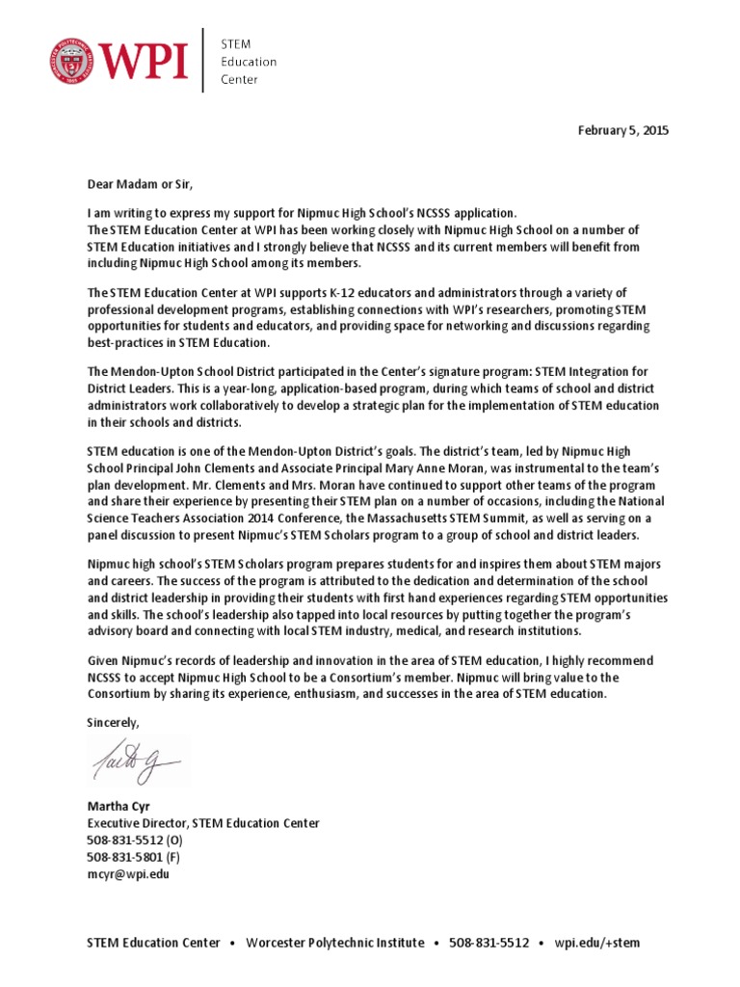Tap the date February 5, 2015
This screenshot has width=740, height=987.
621,130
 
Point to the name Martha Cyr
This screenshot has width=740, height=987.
119,806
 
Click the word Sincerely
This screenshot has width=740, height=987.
114,722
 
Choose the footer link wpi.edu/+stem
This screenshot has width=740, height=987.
597,942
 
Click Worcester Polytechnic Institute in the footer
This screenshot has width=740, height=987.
334,942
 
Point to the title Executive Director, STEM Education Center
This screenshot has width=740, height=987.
203,823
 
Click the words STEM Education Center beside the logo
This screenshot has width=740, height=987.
249,61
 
